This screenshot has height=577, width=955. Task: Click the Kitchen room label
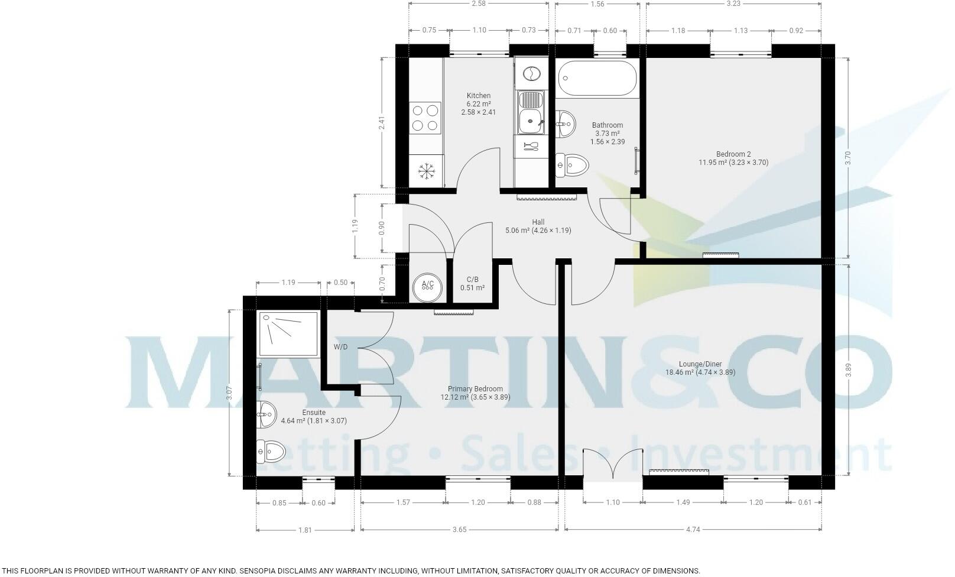[478, 96]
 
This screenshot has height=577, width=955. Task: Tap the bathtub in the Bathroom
[596, 78]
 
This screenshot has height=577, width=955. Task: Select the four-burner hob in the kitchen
[425, 118]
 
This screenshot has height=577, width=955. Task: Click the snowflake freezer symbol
[426, 171]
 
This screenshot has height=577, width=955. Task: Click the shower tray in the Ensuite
[288, 333]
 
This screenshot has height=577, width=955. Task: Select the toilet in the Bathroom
[571, 164]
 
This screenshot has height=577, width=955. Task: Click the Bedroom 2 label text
[733, 154]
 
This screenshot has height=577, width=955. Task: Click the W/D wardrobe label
[340, 347]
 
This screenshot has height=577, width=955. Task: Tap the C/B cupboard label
[472, 279]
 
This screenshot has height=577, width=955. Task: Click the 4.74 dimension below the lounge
[693, 530]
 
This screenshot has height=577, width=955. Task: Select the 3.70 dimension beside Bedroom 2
[847, 157]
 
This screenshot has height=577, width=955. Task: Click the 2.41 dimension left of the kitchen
[382, 122]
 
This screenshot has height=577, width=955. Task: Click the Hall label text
[538, 222]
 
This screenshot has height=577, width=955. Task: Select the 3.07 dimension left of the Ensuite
[229, 393]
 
